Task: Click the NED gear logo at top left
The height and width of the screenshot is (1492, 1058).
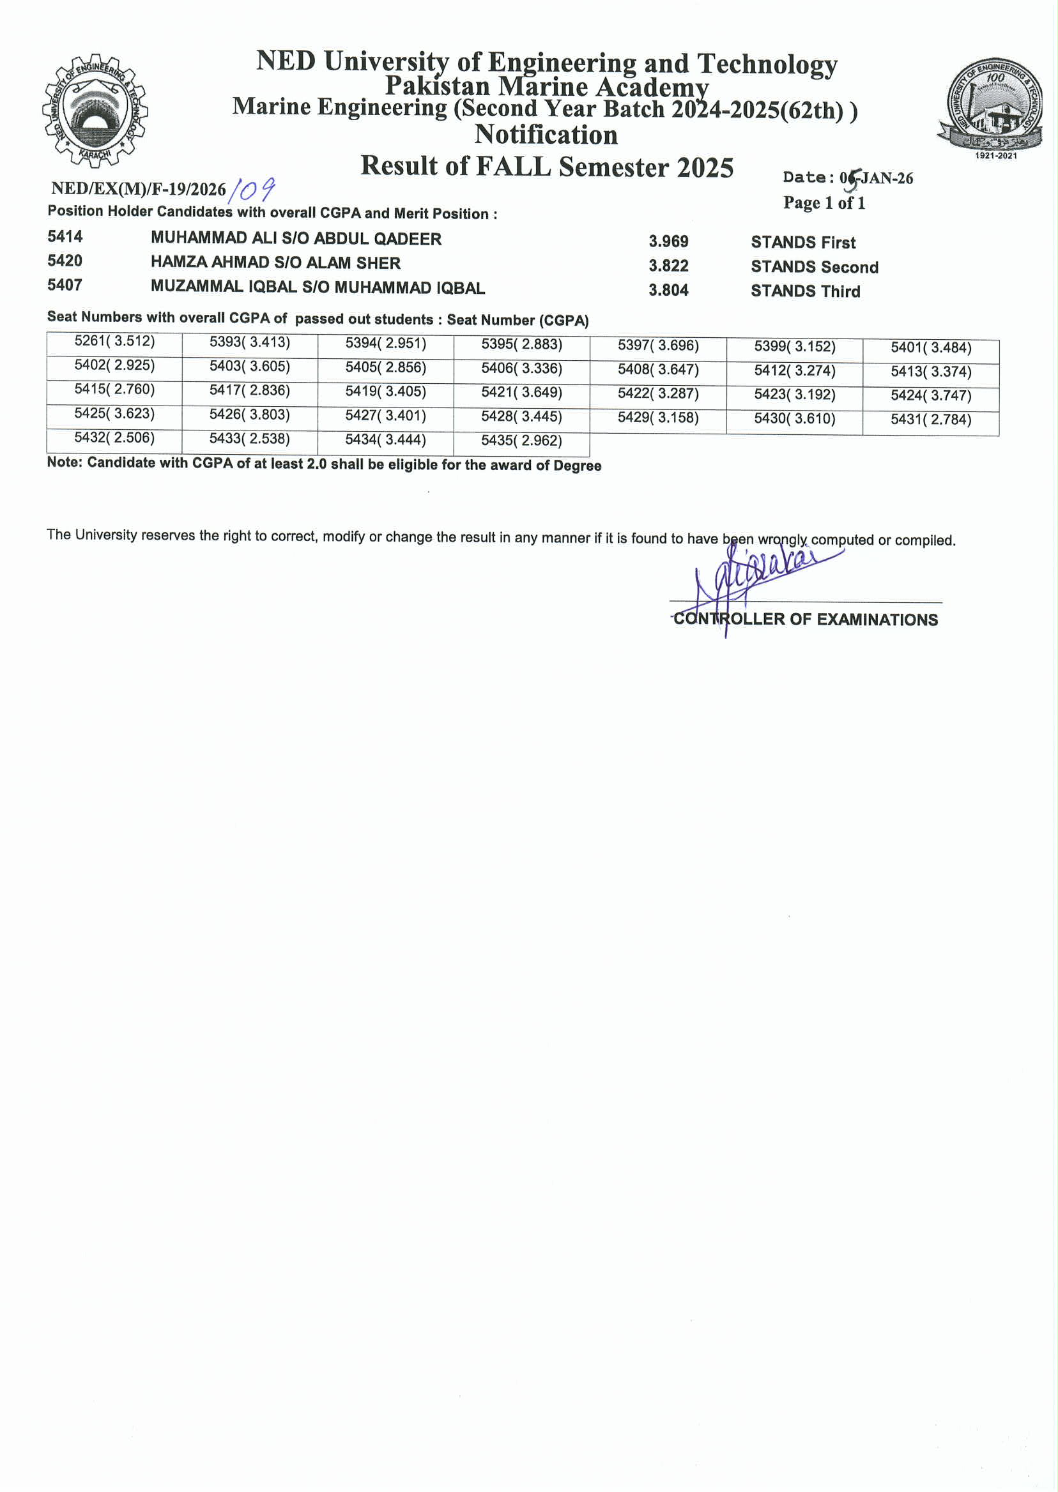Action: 95,111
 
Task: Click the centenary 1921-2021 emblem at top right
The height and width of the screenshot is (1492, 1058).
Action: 991,107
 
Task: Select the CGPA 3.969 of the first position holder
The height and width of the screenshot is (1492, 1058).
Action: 668,241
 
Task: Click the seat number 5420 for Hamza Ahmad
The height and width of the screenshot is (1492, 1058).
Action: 65,261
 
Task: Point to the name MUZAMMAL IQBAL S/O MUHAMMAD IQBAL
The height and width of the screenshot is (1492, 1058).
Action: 318,287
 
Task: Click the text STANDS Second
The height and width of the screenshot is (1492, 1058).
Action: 814,267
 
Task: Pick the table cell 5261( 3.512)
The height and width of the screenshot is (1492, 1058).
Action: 114,342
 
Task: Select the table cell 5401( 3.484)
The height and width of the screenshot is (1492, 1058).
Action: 930,347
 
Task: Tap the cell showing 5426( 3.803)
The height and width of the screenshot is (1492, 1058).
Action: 250,415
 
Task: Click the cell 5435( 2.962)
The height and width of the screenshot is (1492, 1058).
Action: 521,441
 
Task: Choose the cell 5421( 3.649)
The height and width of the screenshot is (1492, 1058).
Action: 521,393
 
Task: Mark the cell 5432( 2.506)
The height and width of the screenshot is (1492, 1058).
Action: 114,438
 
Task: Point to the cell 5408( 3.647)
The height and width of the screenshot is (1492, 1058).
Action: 658,370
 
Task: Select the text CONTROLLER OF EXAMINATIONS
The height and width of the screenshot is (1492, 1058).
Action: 805,620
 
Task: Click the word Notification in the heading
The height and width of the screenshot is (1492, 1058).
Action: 546,135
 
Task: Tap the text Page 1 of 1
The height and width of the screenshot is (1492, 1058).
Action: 824,203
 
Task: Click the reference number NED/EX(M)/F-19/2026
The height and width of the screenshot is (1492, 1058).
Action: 138,189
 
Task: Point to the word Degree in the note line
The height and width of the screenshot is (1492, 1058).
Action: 577,466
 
